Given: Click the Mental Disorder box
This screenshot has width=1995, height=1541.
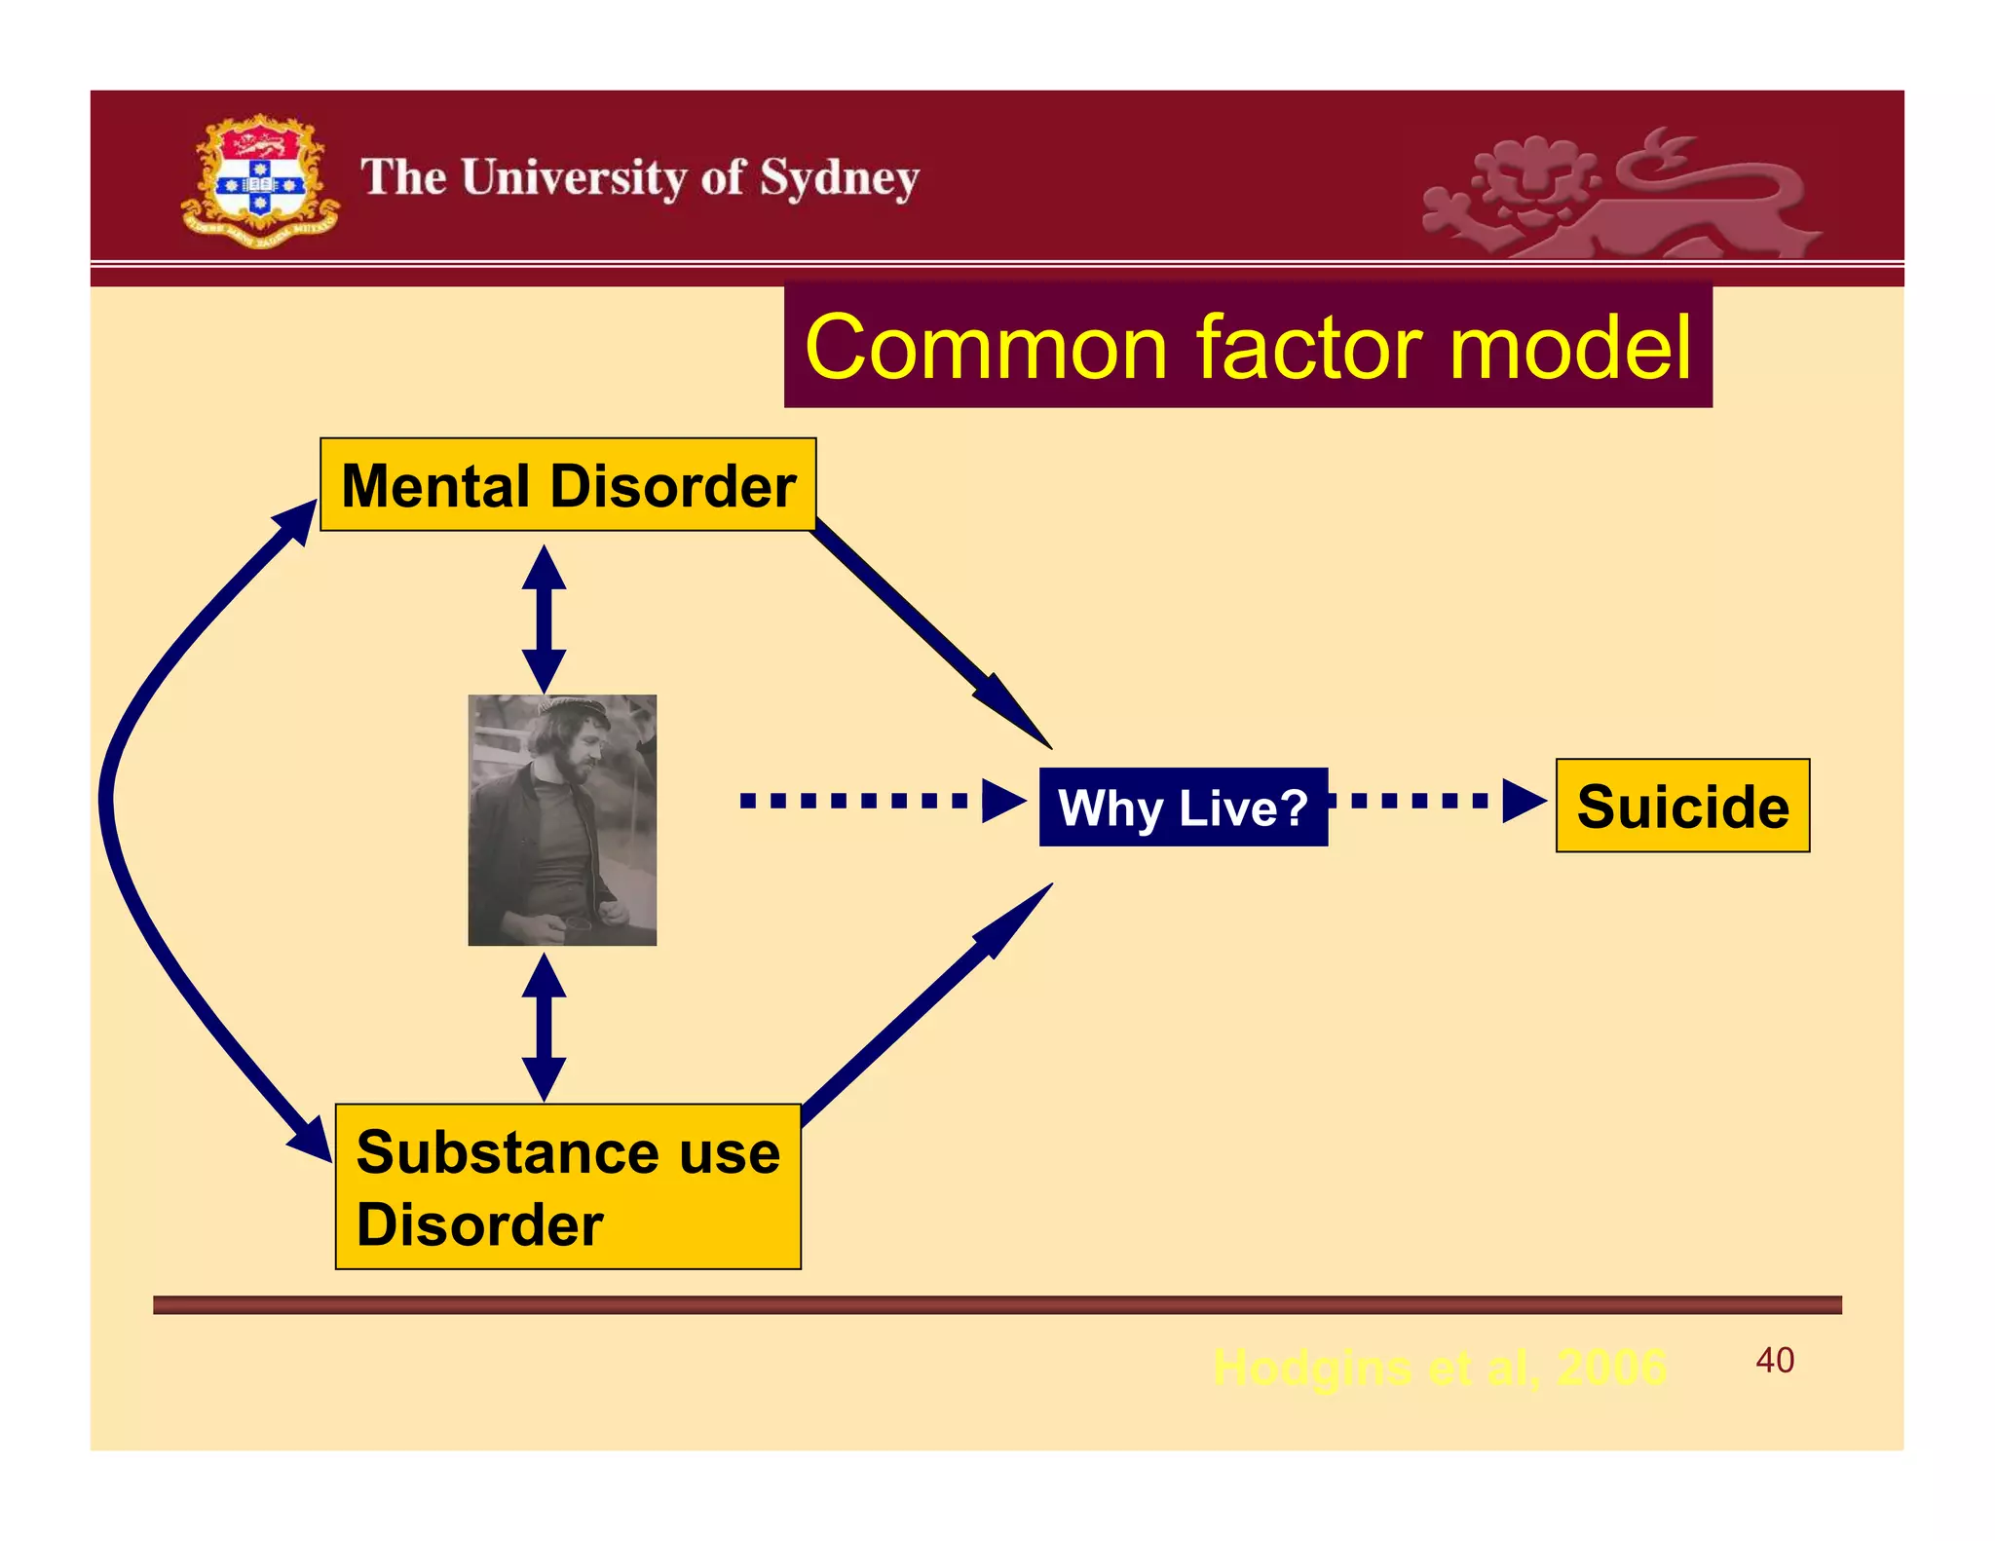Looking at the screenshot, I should pos(568,485).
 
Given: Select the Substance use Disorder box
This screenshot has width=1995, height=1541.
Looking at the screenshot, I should pos(568,1186).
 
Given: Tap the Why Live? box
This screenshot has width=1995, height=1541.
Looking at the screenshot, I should pos(1183,808).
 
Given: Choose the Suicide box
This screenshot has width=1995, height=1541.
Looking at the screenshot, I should pos(1682,807).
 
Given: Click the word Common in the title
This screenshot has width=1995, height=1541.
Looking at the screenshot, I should pos(986,348).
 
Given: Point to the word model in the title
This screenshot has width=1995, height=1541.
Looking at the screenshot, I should pos(1569,348).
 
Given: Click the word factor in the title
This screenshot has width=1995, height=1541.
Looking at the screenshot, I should pos(1308,348).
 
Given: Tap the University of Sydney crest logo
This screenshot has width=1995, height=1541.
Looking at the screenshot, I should pos(260,181).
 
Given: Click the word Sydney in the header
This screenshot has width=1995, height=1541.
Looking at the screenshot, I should pos(839,179).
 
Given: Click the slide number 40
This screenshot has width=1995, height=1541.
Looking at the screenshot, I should pos(1774,1360).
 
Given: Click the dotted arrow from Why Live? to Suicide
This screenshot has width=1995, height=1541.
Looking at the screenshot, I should pos(1438,801).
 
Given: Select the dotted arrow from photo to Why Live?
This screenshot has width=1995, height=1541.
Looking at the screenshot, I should pos(882,801).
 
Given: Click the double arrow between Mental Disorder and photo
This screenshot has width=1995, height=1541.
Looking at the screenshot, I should pos(544,619).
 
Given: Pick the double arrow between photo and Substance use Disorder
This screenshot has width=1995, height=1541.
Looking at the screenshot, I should pos(544,1027).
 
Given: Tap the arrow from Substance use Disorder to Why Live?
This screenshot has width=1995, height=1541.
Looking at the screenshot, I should pos(925,1003).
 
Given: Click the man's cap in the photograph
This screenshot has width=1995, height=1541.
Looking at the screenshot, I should pos(575,710).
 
